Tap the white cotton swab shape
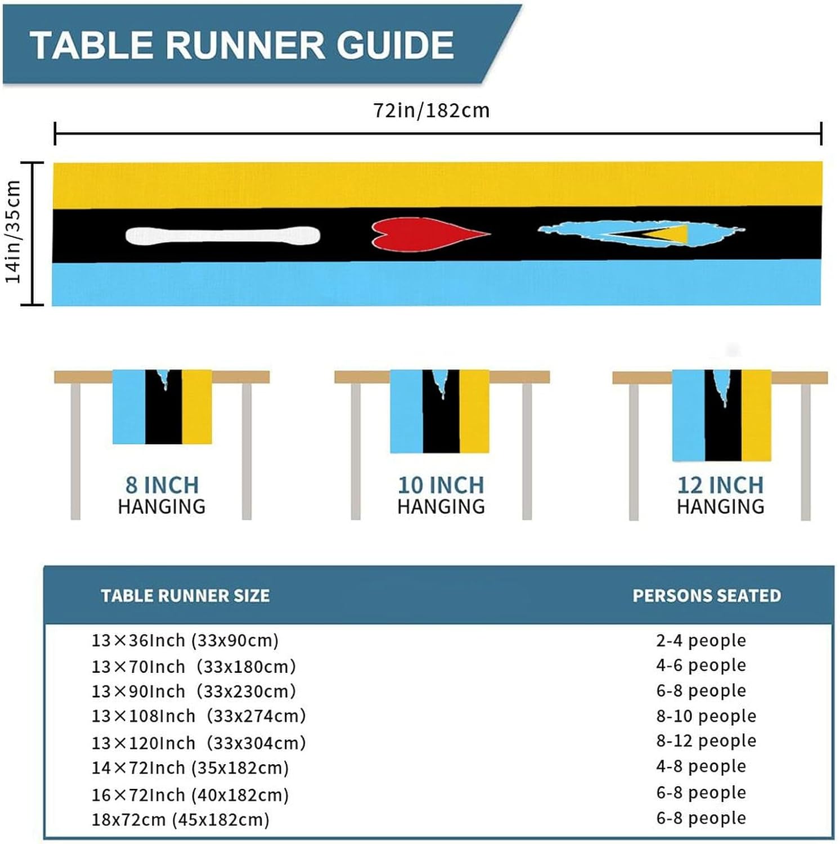223,235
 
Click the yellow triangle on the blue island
670,234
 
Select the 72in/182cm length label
432,110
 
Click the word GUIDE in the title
395,45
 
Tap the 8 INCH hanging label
161,485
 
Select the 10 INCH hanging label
441,485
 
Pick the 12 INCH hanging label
720,485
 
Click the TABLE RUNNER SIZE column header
185,596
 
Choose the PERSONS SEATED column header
707,596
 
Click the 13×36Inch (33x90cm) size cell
185,640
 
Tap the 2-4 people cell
701,640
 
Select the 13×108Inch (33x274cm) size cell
199,716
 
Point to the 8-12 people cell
706,740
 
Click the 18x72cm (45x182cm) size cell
180,819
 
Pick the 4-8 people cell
701,766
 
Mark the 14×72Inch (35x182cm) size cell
190,767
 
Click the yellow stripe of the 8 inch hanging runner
197,407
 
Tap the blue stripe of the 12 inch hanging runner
689,415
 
